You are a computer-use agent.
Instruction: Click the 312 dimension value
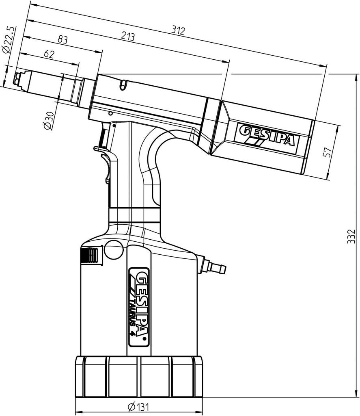point(178,30)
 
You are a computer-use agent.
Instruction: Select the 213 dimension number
point(128,36)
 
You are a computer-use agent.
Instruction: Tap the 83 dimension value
point(63,40)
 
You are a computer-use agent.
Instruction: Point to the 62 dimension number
point(49,54)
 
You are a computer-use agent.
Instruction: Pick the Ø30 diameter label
point(49,120)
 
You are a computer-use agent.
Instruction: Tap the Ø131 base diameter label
point(138,406)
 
